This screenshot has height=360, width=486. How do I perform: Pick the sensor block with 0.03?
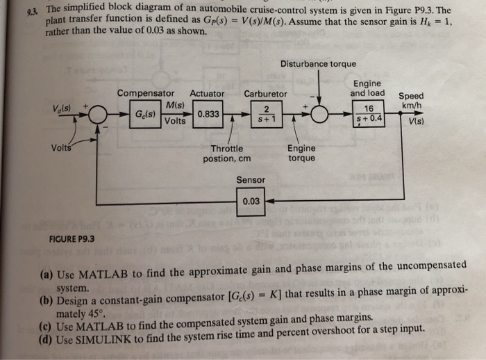click(251, 202)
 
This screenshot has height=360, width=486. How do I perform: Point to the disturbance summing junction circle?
click(320, 114)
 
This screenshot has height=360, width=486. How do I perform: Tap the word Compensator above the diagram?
click(146, 93)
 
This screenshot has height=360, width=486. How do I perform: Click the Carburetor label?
click(265, 93)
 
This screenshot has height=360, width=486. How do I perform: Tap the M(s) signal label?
click(175, 105)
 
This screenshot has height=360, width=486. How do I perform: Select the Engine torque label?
click(301, 153)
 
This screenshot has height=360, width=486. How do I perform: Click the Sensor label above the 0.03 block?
click(251, 180)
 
